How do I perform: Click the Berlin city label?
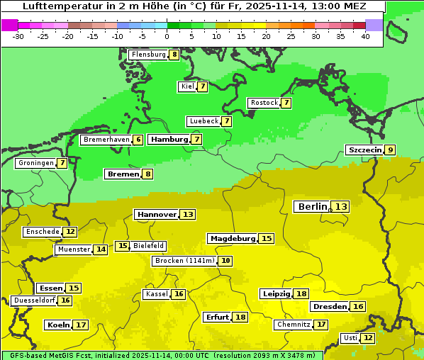312,206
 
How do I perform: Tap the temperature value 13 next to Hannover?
187,214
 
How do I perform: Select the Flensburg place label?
148,55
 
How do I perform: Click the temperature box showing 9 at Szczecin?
389,150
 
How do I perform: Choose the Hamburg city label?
169,140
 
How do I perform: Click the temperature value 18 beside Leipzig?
301,293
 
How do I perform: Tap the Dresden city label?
330,307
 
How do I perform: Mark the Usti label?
350,338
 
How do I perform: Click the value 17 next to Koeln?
81,325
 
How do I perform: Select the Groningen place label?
36,163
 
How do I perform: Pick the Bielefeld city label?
148,246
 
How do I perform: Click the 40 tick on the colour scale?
365,37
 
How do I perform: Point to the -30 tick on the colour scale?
18,37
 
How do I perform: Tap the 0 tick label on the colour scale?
167,37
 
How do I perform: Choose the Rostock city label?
264,103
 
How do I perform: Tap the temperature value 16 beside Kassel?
179,294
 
